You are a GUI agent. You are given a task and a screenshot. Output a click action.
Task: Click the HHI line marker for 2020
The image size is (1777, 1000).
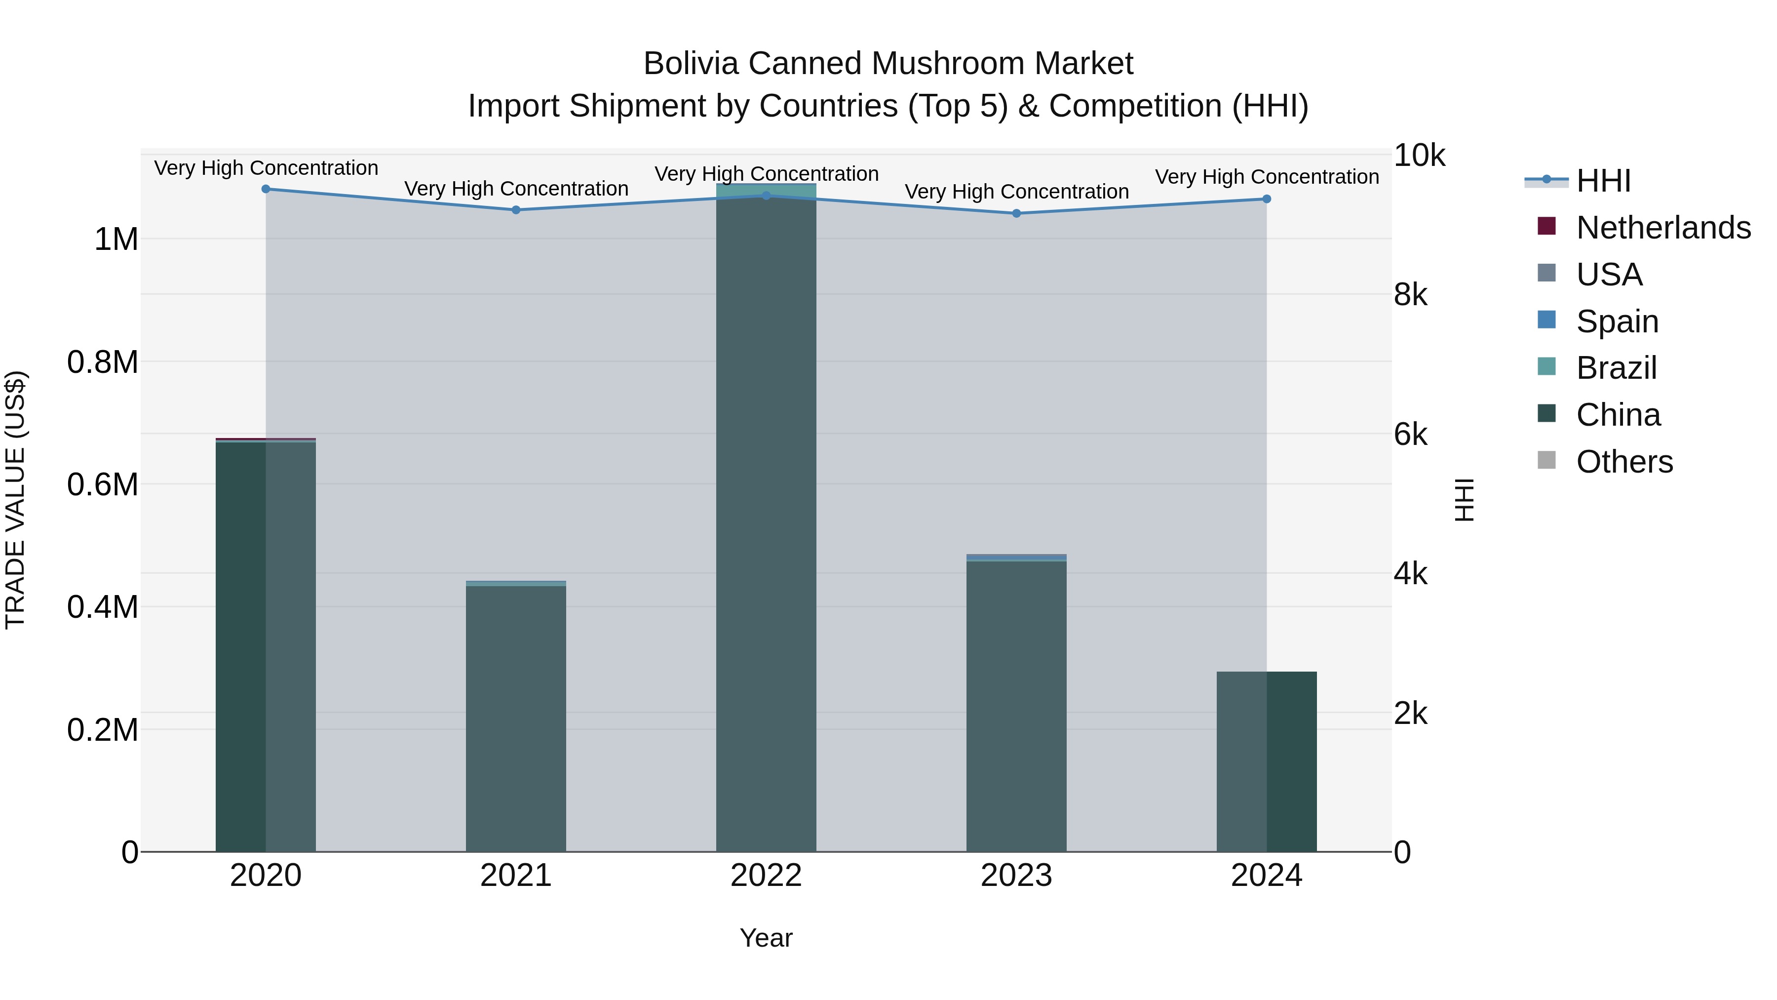[266, 189]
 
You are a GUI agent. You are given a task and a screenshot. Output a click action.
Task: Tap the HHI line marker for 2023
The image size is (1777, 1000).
[1016, 213]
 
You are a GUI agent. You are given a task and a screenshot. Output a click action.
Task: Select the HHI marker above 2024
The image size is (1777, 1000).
[1267, 199]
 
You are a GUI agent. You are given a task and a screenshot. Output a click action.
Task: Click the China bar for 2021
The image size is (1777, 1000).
[516, 718]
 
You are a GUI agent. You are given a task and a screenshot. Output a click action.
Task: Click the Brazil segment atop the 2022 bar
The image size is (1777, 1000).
[766, 189]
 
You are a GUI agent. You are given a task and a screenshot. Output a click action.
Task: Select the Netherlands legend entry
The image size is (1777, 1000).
[1662, 228]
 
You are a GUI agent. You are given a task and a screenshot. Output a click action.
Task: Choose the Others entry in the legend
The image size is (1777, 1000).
[1624, 462]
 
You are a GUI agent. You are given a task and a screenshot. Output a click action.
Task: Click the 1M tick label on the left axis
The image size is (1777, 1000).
[116, 240]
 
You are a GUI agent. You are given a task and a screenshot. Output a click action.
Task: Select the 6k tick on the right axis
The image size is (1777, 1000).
[1411, 435]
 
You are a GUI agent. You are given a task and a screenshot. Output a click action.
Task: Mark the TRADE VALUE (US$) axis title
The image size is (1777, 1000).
[15, 500]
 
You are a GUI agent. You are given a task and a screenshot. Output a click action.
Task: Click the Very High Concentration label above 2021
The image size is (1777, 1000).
[516, 189]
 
